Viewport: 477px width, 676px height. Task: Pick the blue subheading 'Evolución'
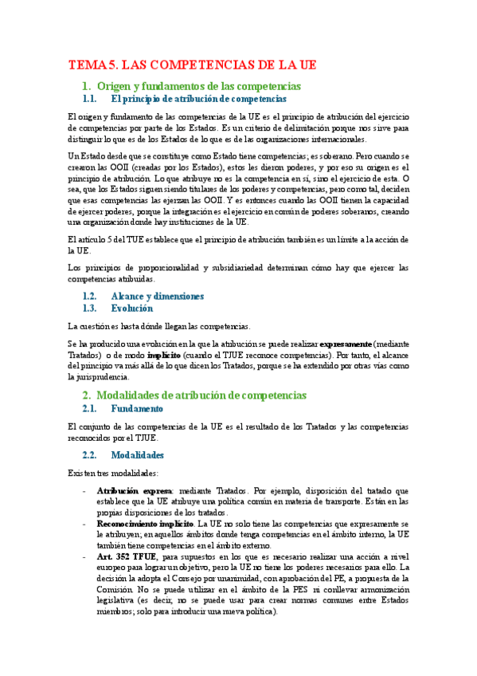(x=131, y=308)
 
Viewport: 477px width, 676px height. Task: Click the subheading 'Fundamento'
(x=138, y=409)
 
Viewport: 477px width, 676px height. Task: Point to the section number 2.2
(x=93, y=455)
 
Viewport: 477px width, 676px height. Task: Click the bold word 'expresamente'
(x=341, y=340)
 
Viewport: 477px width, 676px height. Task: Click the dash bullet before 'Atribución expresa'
(x=85, y=490)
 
